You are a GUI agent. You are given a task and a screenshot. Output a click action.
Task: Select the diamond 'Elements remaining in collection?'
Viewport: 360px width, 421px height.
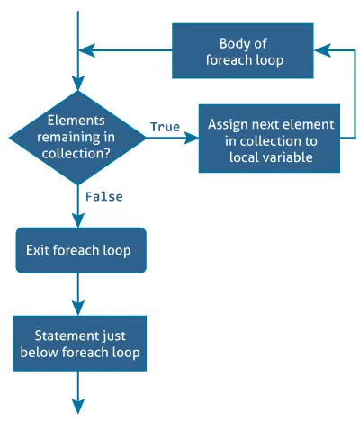point(77,138)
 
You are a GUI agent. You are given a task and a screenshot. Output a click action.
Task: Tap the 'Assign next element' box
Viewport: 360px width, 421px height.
point(270,139)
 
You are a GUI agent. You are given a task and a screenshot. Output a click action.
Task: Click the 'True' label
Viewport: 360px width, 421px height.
point(165,127)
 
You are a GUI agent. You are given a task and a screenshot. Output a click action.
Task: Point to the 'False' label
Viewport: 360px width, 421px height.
point(103,195)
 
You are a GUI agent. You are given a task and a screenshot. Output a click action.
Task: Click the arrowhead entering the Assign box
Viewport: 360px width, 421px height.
point(191,139)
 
